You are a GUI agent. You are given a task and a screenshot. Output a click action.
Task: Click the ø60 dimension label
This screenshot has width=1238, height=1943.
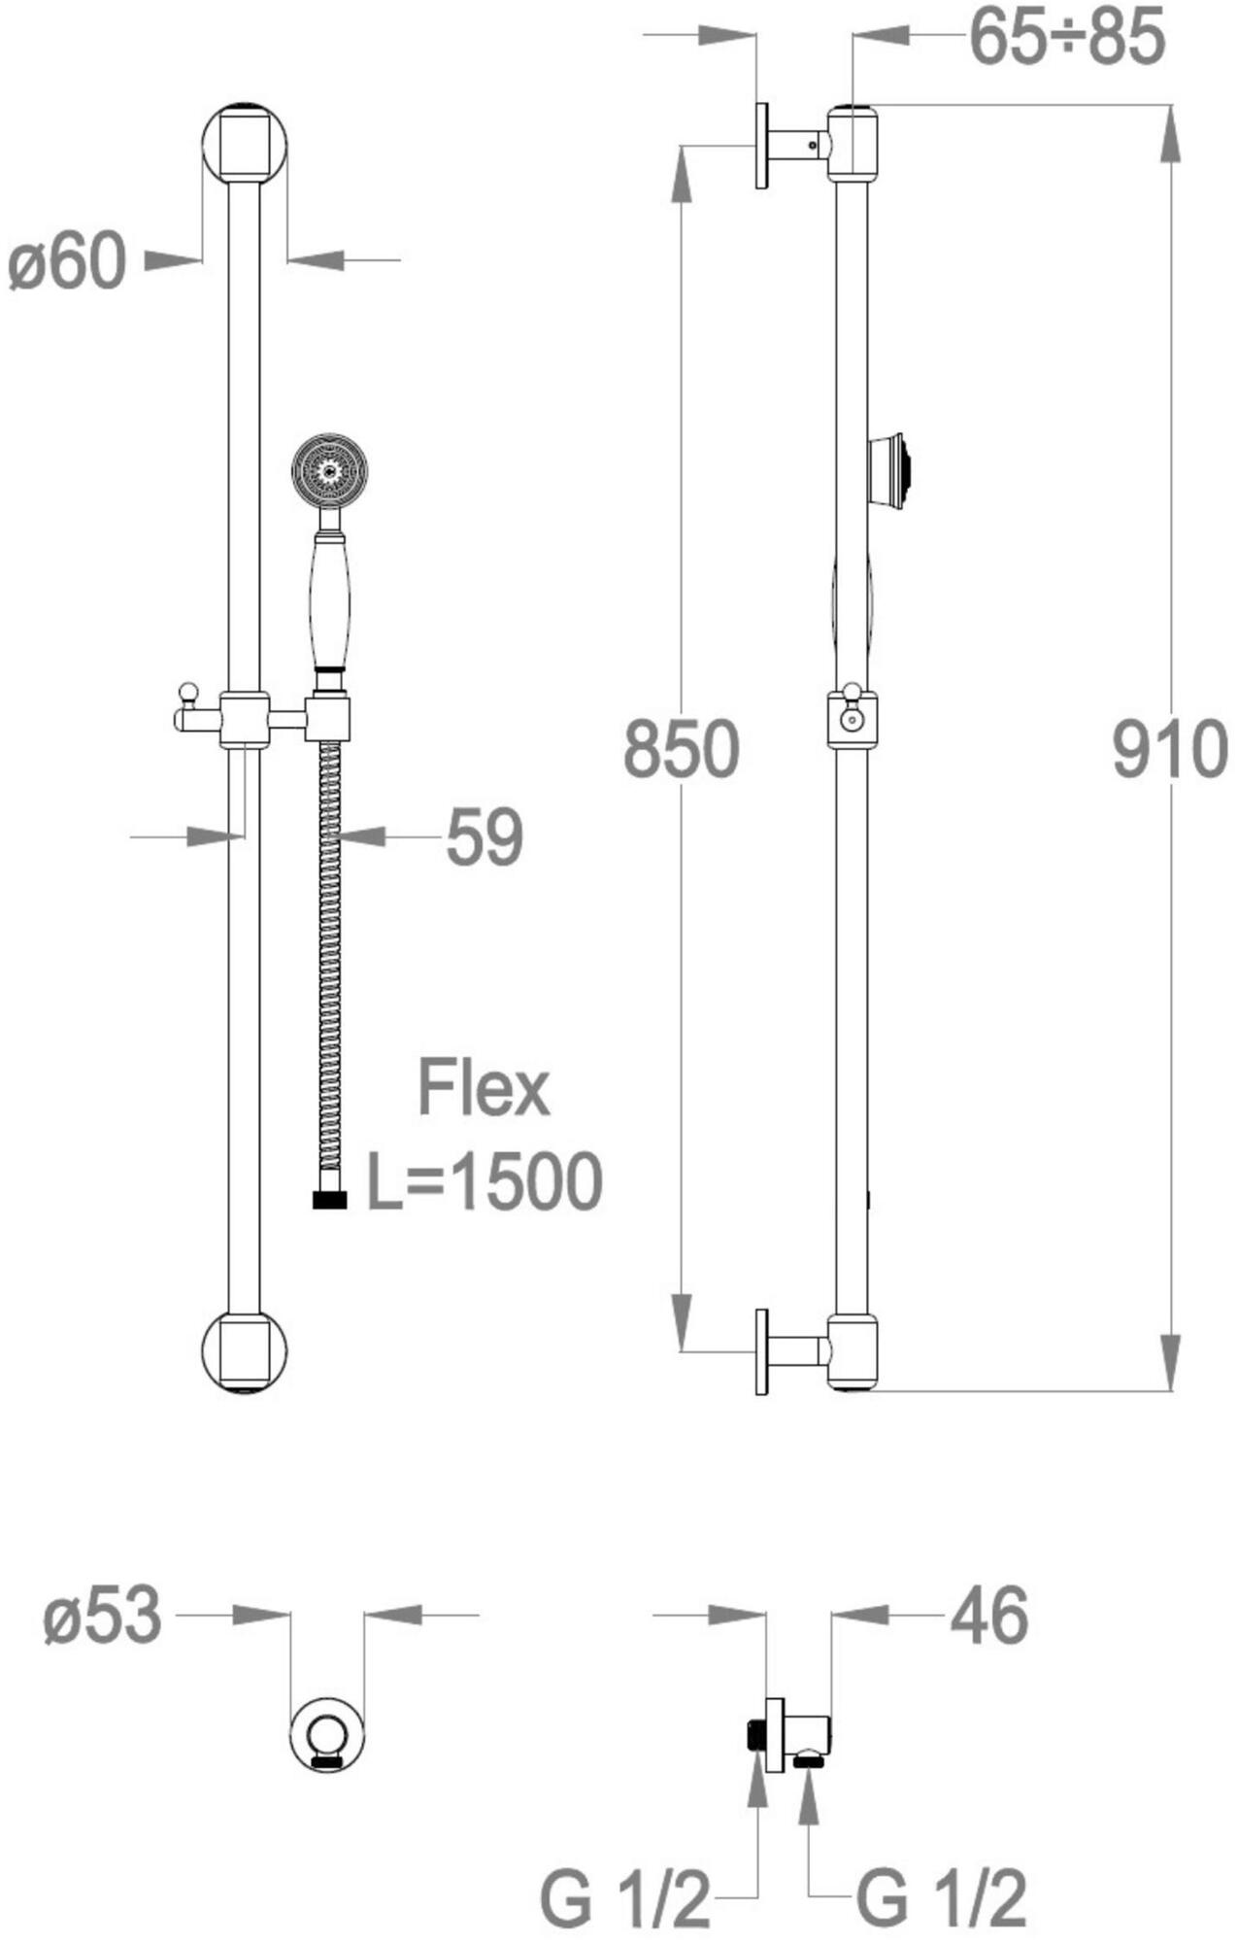click(67, 261)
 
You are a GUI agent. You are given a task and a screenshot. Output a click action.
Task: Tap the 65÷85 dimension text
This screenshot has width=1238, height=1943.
click(1067, 38)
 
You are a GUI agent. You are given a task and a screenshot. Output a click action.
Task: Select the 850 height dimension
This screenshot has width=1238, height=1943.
click(682, 749)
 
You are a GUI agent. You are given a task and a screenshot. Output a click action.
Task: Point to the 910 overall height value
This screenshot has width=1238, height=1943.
click(1170, 749)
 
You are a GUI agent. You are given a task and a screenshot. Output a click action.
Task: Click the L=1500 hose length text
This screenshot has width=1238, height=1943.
click(484, 1181)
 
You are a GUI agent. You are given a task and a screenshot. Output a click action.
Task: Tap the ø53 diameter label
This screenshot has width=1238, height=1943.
click(102, 1616)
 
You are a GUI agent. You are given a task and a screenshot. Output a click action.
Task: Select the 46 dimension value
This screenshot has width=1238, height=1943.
click(988, 1616)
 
